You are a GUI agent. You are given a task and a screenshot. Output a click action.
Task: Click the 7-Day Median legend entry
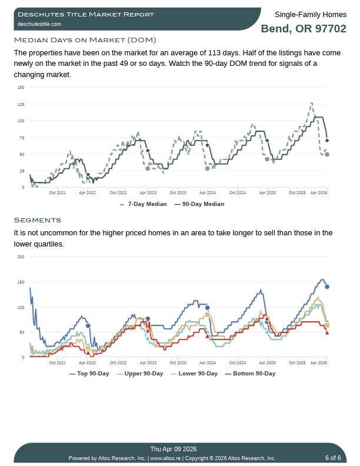(144, 204)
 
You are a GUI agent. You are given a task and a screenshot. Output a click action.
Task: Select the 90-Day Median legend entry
(199, 204)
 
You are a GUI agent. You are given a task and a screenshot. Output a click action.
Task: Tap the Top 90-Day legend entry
(89, 374)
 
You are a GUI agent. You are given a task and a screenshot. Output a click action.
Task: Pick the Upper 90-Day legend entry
(140, 374)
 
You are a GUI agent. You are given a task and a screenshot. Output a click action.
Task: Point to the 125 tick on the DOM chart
(21, 104)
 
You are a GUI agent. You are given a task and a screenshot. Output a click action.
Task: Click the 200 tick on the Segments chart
(21, 257)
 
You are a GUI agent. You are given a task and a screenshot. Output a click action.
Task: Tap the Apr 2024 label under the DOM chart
(207, 192)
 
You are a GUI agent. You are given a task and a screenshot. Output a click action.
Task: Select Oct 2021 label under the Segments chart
(58, 362)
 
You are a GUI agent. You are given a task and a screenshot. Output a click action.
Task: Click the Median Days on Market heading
(85, 40)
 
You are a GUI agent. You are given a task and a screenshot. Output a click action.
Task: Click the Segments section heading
(37, 220)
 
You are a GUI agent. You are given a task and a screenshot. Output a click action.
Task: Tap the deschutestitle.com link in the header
(39, 24)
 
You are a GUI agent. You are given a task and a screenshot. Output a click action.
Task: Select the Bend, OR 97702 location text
(304, 29)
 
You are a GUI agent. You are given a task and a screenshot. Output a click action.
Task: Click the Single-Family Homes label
(311, 14)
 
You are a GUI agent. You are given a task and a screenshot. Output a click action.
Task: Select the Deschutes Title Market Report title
(86, 14)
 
